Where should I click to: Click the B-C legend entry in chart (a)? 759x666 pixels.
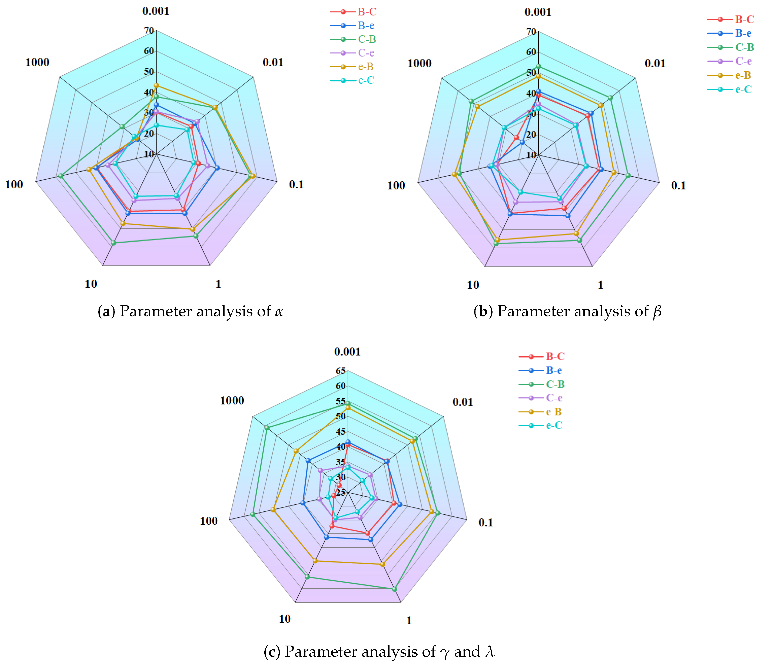367,12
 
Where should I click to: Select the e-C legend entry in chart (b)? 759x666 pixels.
743,90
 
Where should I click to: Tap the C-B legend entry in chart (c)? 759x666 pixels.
555,384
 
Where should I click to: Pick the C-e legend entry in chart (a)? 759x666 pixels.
366,53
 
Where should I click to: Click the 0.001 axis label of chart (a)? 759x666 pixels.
156,11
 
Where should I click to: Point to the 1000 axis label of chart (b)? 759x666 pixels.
419,63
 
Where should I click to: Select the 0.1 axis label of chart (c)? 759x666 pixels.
485,522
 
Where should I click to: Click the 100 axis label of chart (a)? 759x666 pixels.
14,184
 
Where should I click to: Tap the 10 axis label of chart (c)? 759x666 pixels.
285,619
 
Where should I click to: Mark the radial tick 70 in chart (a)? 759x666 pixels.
149,30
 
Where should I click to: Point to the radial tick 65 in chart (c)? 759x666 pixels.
341,371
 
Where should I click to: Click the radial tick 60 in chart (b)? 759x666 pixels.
531,52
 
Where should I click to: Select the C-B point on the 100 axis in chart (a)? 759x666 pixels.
60,175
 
